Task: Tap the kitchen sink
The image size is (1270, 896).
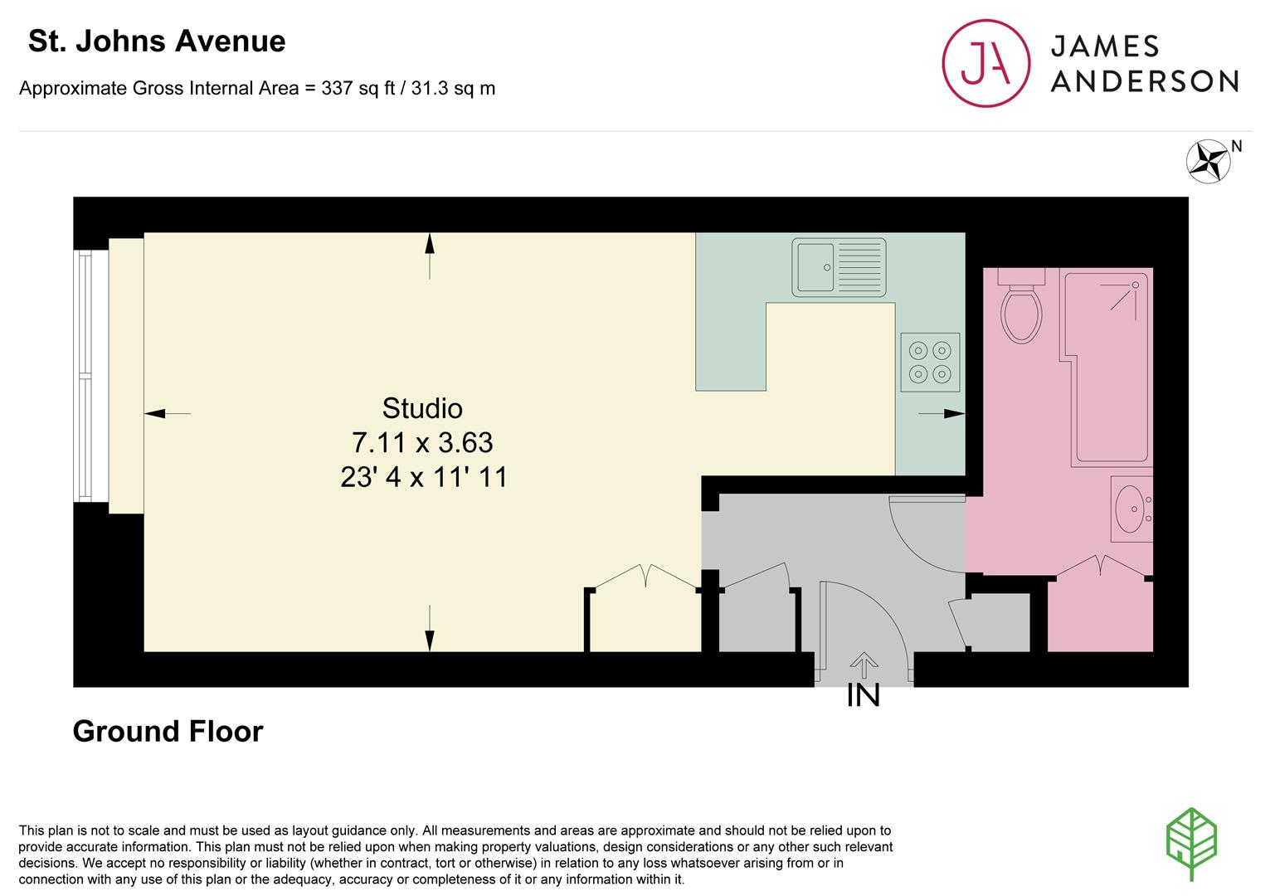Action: coord(839,267)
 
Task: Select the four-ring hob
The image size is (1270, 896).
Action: coord(930,363)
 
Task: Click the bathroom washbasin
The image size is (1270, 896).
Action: coord(1130,509)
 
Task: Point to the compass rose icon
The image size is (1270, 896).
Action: coord(1208,161)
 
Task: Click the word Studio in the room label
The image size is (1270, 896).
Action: coord(421,408)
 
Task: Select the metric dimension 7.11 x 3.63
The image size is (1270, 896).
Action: coord(421,443)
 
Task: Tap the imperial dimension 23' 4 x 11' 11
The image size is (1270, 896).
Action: coord(423,478)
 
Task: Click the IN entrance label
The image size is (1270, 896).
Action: coord(863,696)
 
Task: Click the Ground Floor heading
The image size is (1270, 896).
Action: coord(168,731)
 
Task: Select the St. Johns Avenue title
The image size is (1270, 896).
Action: coord(157,41)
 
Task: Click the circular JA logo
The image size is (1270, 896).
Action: coord(985,63)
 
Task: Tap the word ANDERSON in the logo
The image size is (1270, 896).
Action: coord(1144,80)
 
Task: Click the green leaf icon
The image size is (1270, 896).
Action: coord(1191,843)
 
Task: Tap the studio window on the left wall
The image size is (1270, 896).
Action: coord(84,376)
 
